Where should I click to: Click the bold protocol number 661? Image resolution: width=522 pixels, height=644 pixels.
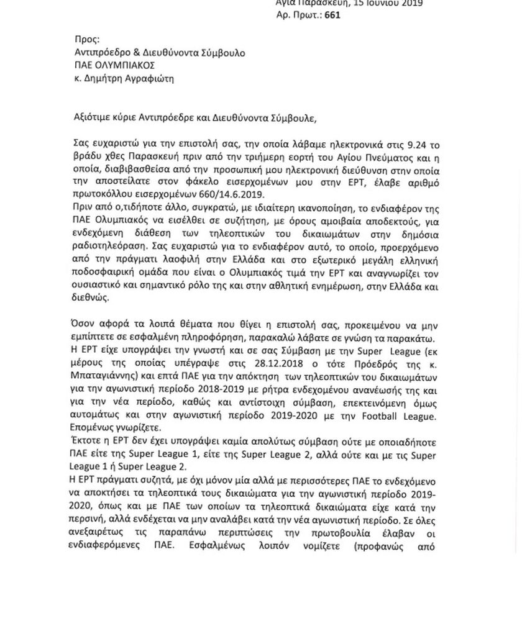332,15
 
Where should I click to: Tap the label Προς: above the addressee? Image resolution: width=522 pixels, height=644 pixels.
86,39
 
